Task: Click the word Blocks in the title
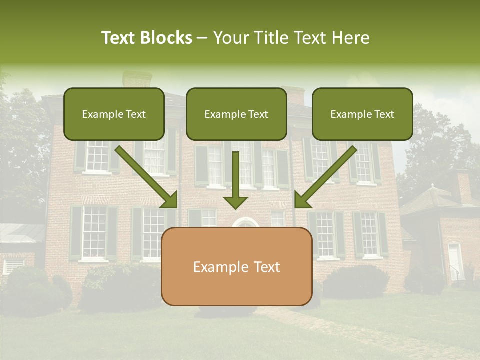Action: (166, 38)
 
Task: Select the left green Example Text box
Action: (114, 114)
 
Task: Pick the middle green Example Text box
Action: (236, 114)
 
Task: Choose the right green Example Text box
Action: (362, 114)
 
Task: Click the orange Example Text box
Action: (236, 266)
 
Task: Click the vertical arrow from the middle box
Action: (236, 180)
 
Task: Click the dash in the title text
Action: (202, 38)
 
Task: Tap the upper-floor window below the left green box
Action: (97, 156)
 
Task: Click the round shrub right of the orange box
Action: (356, 281)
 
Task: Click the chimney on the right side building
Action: (463, 186)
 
